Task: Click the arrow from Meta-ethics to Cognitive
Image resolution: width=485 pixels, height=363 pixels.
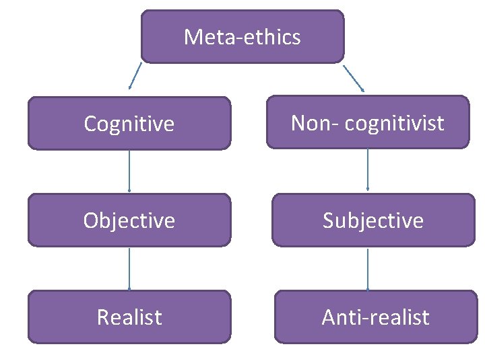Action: point(135,76)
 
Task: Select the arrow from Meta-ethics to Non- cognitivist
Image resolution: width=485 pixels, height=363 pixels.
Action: point(354,77)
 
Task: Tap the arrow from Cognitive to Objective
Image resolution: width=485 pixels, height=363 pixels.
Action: point(129,171)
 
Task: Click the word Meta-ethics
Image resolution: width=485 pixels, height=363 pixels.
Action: point(242,37)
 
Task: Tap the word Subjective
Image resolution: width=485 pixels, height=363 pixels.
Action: point(373,220)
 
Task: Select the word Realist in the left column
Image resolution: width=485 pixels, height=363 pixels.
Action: point(129,317)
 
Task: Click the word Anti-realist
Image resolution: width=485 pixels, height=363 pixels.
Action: point(375,317)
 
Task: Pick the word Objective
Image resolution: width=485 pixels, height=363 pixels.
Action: point(129,220)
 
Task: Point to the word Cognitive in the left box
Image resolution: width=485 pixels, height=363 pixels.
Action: point(129,124)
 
